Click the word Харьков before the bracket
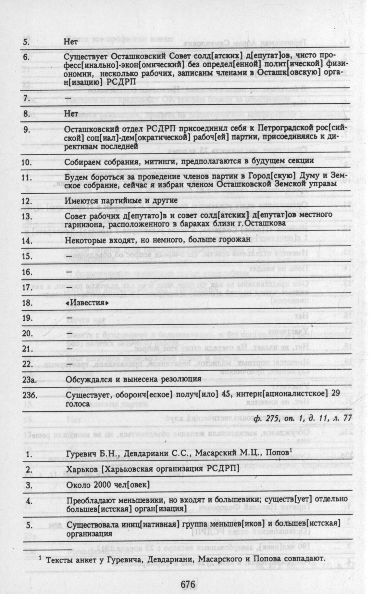pos(81,469)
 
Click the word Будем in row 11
pos(76,177)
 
